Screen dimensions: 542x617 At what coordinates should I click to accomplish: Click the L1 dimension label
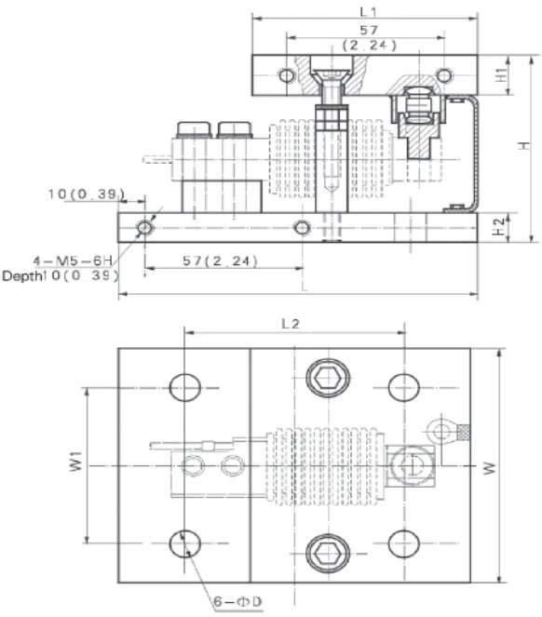[368, 12]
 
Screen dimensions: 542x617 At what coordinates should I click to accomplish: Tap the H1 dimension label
[501, 74]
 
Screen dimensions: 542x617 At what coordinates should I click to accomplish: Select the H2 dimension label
[499, 227]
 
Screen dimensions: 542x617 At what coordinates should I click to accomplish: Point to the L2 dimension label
[291, 324]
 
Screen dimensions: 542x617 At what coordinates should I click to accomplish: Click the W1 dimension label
[76, 462]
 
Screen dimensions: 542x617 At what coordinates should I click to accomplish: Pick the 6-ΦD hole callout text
[237, 602]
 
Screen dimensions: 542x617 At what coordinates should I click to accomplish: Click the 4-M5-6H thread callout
[73, 261]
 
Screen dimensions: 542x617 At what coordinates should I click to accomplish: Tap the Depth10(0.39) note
[60, 275]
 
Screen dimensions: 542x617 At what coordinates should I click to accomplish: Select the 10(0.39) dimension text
[87, 194]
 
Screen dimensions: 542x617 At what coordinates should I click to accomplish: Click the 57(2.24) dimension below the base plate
[220, 261]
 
